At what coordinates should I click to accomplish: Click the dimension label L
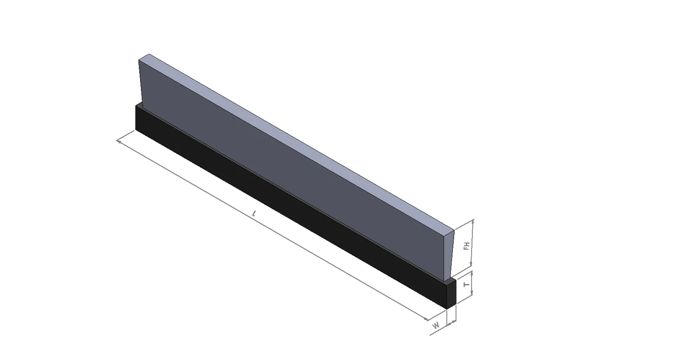point(254,213)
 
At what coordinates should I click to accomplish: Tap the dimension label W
point(436,325)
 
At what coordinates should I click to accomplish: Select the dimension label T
point(468,284)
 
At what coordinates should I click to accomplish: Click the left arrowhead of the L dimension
point(119,141)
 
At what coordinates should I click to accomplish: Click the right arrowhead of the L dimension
point(426,318)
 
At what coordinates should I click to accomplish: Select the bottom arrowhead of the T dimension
point(471,292)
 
